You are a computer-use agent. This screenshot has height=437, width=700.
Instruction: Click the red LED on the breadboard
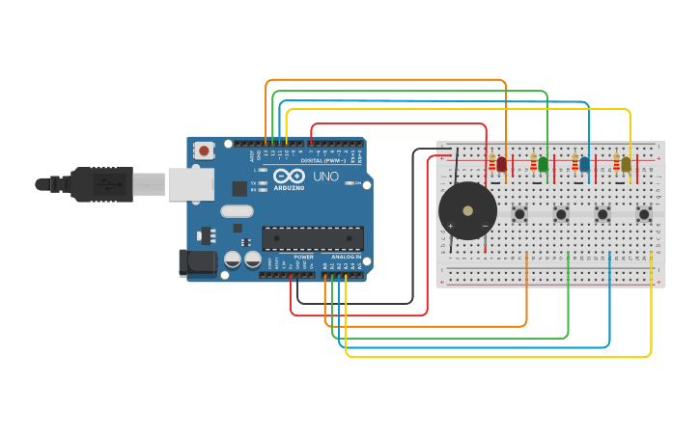501,164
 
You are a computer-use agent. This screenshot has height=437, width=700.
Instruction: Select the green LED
543,164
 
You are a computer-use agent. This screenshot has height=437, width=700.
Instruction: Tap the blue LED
584,164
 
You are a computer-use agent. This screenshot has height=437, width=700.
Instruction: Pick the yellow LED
626,164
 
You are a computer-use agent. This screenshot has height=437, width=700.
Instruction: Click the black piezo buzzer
467,210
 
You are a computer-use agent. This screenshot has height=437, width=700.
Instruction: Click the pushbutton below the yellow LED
643,214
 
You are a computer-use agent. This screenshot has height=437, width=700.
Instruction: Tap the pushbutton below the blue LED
602,214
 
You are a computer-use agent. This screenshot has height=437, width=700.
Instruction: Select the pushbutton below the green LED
561,214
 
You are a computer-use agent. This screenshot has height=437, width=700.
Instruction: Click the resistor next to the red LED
491,164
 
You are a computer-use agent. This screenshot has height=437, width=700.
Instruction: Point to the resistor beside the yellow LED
616,164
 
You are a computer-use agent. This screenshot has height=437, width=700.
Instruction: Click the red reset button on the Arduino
205,150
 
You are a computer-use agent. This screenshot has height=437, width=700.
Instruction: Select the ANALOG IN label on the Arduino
346,258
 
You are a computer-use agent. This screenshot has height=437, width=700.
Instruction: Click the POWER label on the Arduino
303,258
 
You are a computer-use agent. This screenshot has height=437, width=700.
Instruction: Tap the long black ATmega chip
313,237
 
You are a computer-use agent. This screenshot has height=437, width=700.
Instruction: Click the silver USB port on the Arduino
190,183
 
